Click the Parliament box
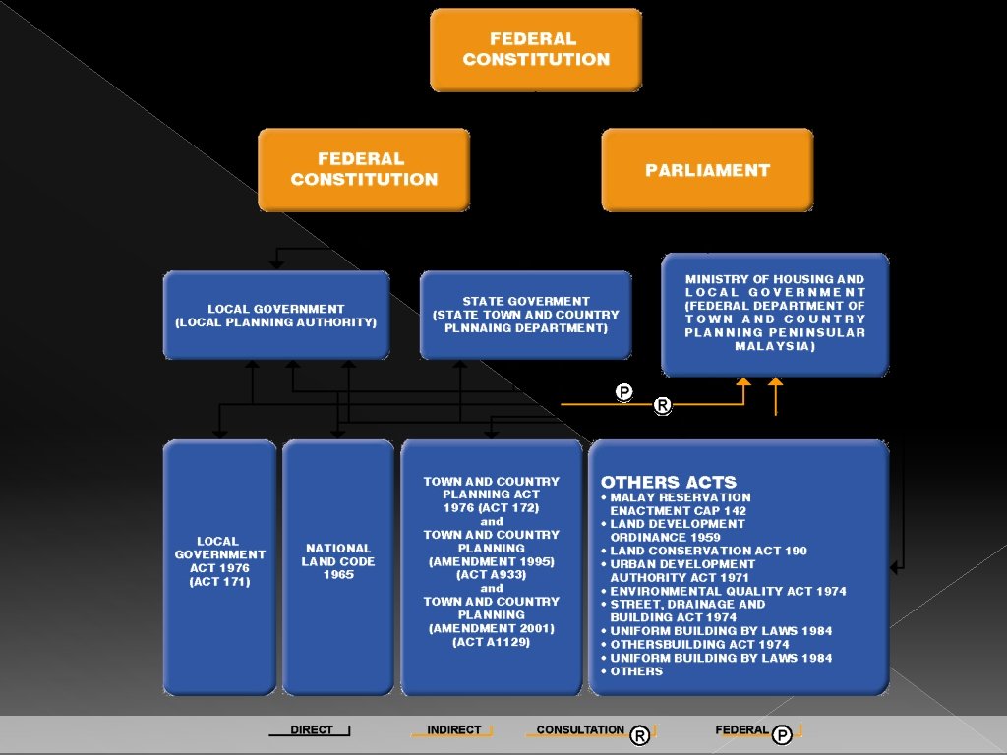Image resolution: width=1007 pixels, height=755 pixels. [x=707, y=170]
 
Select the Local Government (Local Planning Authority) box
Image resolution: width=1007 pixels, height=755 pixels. [x=276, y=316]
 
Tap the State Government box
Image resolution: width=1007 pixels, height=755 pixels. [x=526, y=315]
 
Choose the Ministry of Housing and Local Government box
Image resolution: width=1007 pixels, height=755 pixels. [x=775, y=313]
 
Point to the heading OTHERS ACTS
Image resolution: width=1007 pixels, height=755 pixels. [x=669, y=482]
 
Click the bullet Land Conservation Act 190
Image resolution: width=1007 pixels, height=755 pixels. [x=708, y=551]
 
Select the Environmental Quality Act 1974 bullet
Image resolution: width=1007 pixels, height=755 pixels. [x=728, y=591]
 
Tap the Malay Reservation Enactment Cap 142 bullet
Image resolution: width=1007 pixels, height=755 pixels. [x=679, y=504]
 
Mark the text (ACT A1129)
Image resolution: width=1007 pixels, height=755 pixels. [x=491, y=642]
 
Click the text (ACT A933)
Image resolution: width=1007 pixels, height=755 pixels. [x=491, y=575]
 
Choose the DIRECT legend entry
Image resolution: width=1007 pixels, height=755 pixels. [x=311, y=729]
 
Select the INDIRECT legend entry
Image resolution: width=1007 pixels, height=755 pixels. [x=453, y=729]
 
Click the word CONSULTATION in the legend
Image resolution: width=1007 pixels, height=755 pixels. [x=580, y=729]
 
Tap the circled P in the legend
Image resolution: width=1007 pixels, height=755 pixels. [x=782, y=735]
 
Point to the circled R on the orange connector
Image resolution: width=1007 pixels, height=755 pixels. [x=663, y=405]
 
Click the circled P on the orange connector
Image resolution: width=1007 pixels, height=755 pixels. [x=623, y=392]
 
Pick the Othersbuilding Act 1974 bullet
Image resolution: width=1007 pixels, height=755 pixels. [x=699, y=645]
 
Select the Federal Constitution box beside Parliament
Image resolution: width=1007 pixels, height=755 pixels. [x=364, y=169]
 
